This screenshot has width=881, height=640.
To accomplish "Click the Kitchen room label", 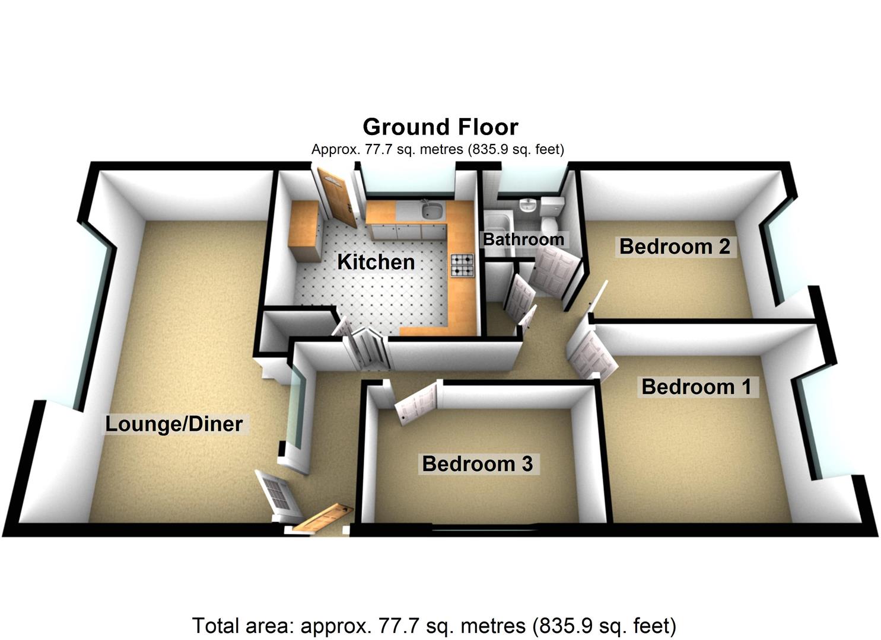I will [376, 262].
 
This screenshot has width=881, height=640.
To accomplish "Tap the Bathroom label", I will [523, 239].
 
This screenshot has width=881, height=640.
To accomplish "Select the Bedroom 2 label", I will [674, 246].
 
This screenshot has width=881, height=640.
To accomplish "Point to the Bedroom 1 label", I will [696, 387].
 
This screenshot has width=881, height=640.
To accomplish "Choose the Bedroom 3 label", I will [477, 463].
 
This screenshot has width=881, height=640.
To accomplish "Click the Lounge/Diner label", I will [174, 424].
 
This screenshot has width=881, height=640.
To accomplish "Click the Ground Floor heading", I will [440, 127].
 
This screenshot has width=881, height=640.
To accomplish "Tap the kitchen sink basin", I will [432, 210].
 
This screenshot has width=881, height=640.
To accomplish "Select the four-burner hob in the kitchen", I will [463, 265].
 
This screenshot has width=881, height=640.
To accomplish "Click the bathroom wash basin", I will [527, 206].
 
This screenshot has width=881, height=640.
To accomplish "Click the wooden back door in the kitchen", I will [336, 197].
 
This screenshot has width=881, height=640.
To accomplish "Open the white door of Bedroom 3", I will [416, 403].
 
